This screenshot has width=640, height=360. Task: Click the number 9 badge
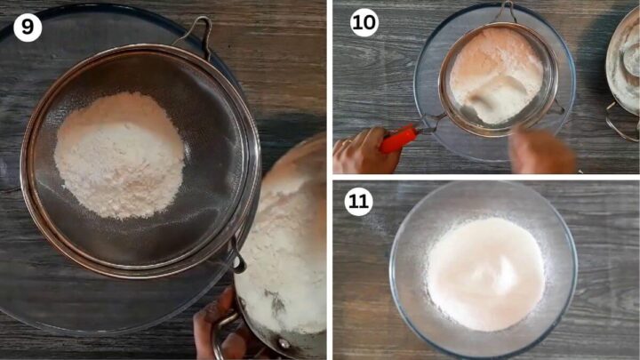pos(28,27)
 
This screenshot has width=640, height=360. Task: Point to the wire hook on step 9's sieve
pos(197,31)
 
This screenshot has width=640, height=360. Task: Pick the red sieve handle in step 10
pos(399,138)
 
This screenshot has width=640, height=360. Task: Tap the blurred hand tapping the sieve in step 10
pos(543,151)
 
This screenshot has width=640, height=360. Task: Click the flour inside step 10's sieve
pos(494,75)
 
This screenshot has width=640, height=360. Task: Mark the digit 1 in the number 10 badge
pos(358,22)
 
